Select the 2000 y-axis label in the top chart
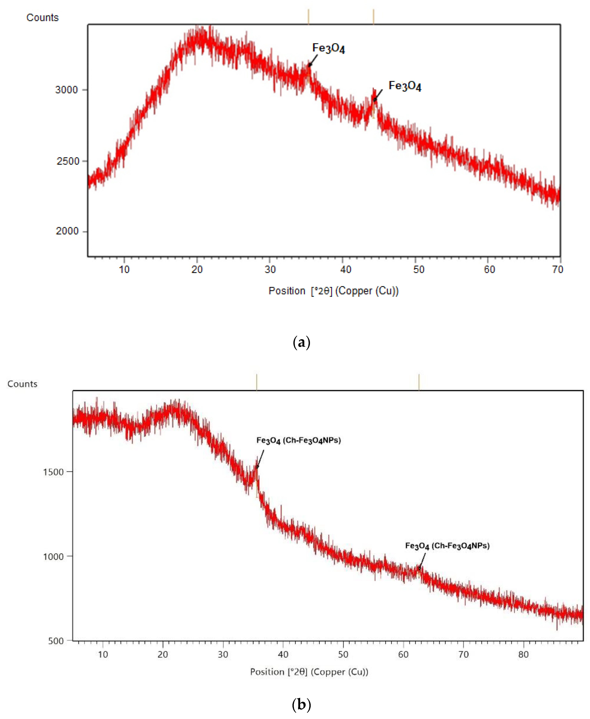point(67,231)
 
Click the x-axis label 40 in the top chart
point(346,270)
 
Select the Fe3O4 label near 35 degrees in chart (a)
point(328,48)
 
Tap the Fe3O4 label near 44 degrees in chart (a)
point(405,86)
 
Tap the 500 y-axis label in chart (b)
point(56,641)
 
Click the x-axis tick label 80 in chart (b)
point(523,654)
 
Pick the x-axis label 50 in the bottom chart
point(343,654)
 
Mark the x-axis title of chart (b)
point(309,672)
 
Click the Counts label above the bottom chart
point(22,384)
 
